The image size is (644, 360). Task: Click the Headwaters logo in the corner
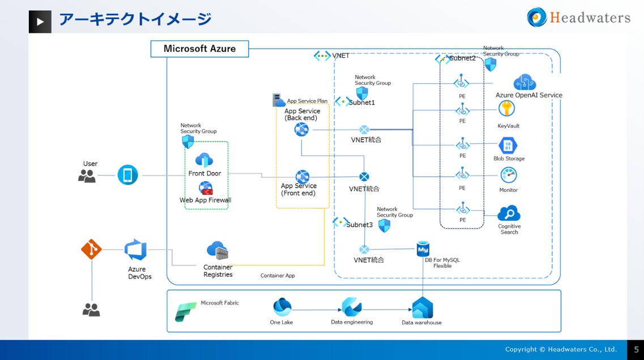click(x=578, y=18)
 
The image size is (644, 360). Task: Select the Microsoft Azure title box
click(x=199, y=49)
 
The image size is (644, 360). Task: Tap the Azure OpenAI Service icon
click(x=524, y=83)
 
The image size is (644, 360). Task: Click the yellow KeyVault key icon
click(x=506, y=109)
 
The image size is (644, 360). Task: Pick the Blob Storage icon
click(x=508, y=145)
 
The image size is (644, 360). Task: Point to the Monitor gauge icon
click(x=508, y=175)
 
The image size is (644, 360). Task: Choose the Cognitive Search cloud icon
click(x=509, y=213)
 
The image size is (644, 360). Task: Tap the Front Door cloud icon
click(x=204, y=160)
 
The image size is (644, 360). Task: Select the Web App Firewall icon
click(x=206, y=188)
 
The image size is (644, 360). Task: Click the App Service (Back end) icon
click(x=301, y=130)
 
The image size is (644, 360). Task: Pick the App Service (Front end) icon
click(x=302, y=177)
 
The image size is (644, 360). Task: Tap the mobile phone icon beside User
click(x=127, y=175)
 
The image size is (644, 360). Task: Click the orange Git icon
click(x=91, y=249)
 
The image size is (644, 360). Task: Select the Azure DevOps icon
click(x=136, y=250)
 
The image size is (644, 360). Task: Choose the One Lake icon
click(x=282, y=307)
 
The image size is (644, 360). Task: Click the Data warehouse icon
click(x=422, y=308)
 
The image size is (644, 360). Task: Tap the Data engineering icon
click(x=352, y=307)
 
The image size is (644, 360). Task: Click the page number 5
click(x=636, y=350)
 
